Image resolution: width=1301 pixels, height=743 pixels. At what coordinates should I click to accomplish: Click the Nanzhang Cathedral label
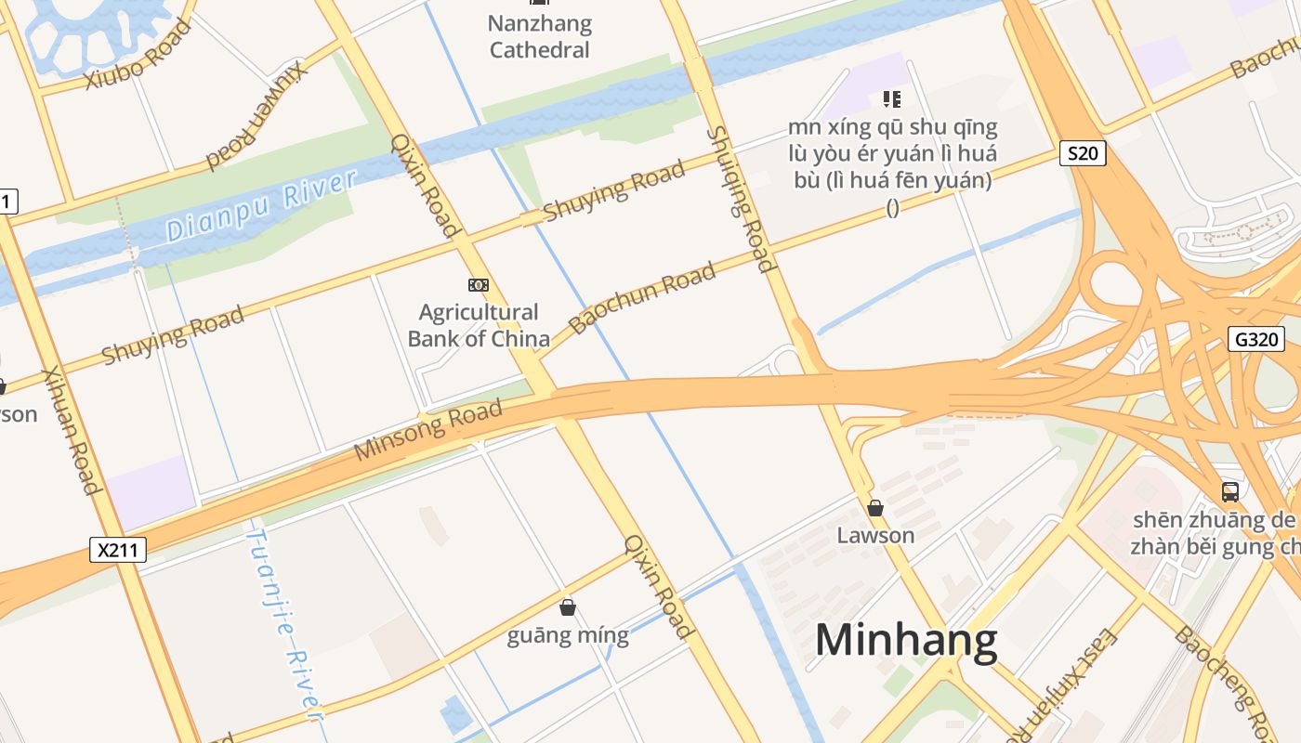(x=540, y=36)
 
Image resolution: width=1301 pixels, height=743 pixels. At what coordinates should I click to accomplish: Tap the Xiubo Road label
(x=138, y=54)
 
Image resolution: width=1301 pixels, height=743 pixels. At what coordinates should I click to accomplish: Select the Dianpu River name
(x=263, y=206)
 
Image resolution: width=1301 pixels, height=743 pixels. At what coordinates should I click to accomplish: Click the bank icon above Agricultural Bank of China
(x=479, y=285)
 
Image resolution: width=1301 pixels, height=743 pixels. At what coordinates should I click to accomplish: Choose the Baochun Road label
(x=643, y=297)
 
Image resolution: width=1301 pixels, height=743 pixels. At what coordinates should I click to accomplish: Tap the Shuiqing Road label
(x=740, y=199)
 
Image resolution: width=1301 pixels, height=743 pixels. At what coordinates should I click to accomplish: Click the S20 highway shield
(x=1083, y=153)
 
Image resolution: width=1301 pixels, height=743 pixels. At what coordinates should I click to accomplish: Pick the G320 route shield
(x=1256, y=339)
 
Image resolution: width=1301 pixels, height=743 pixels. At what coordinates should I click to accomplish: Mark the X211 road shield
(x=119, y=550)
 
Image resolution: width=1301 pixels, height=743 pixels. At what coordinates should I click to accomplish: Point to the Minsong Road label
(x=428, y=430)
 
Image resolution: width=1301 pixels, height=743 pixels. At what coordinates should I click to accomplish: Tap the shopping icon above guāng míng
(x=568, y=607)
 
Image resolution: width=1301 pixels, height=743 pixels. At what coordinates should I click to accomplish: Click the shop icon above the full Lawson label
(x=875, y=508)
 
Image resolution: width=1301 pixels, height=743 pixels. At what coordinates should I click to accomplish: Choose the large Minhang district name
(x=906, y=641)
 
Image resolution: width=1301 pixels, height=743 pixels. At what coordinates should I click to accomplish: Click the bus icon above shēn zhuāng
(x=1230, y=492)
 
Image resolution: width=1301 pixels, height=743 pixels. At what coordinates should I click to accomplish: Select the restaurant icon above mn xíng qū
(x=892, y=98)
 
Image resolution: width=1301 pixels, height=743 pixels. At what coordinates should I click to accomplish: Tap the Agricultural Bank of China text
(x=479, y=325)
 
